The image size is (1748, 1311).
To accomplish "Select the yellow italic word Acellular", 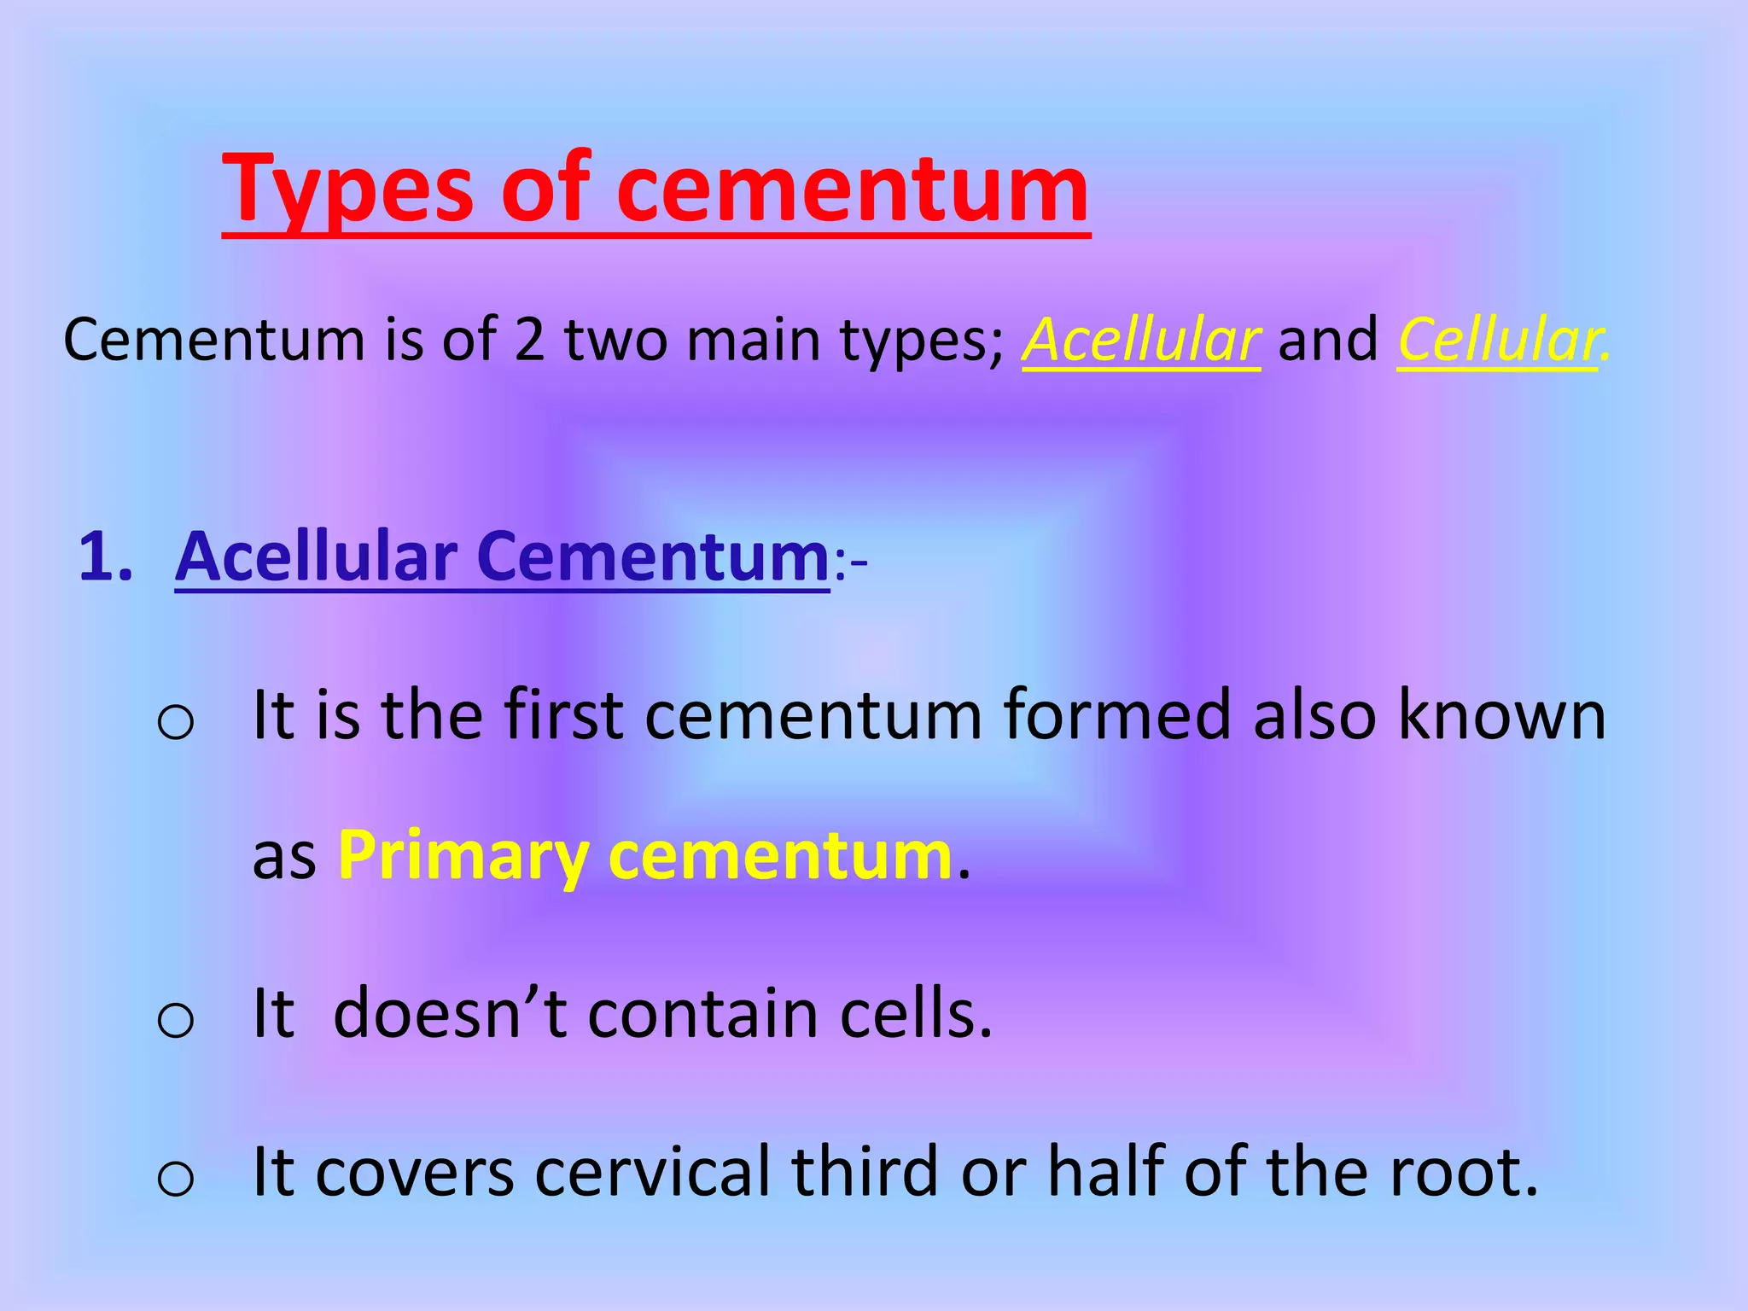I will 1140,340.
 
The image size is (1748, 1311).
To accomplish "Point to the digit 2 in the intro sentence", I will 529,340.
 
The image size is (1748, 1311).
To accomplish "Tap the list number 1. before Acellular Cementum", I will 106,556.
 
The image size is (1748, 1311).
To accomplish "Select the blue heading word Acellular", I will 317,556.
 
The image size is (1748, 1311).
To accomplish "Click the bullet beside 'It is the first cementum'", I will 176,722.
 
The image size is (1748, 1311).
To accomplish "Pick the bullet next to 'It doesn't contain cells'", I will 176,1019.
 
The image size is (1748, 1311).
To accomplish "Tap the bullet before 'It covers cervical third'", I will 176,1178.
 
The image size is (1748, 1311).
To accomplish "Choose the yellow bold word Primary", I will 463,855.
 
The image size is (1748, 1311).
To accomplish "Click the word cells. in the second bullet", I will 917,1013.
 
